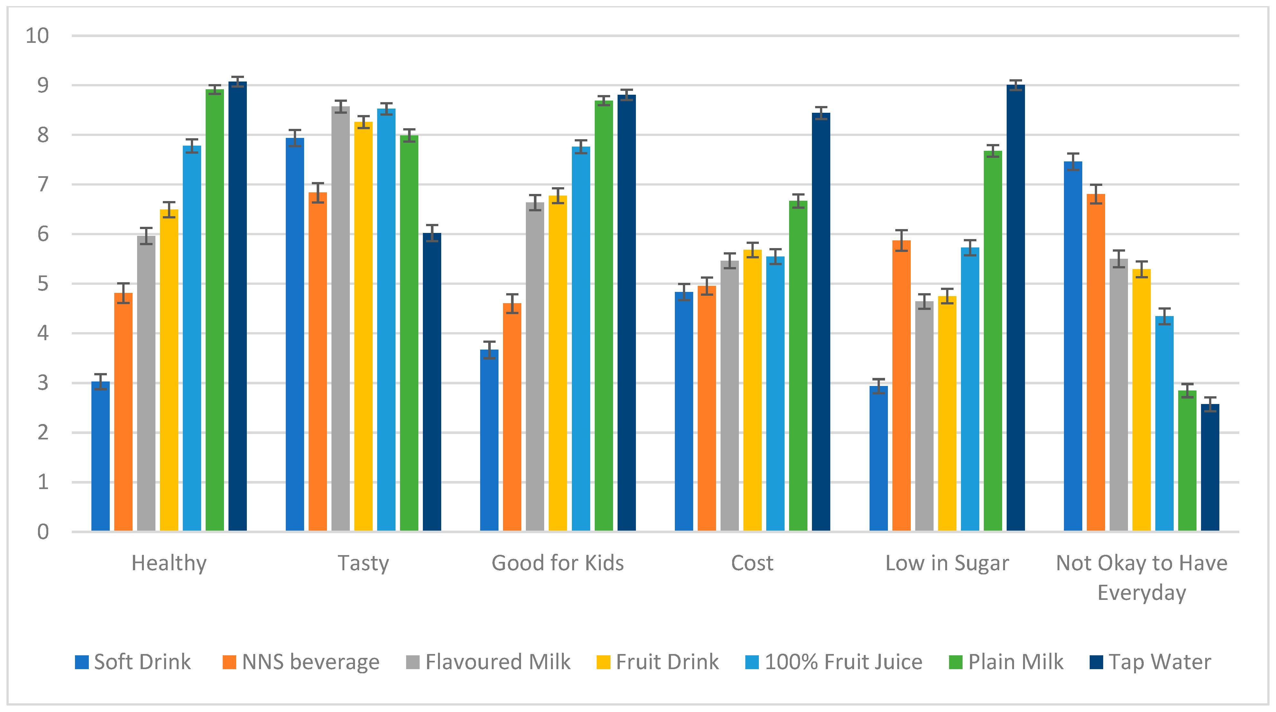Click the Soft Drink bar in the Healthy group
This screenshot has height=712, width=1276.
tap(100, 456)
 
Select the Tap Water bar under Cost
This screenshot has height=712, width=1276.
tap(821, 322)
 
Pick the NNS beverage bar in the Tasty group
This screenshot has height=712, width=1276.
tap(318, 362)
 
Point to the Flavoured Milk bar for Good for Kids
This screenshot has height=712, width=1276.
tap(535, 367)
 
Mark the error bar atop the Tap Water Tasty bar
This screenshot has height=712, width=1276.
tap(432, 233)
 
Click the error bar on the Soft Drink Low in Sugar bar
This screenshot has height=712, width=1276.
tap(878, 386)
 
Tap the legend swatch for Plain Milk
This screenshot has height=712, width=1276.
tap(955, 662)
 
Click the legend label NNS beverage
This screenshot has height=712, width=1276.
tap(311, 662)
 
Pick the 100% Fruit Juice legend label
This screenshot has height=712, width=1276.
tap(843, 662)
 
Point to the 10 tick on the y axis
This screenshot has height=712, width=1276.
tap(37, 36)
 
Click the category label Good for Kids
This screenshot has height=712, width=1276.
tap(557, 563)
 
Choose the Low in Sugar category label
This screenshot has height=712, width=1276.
tap(946, 563)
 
